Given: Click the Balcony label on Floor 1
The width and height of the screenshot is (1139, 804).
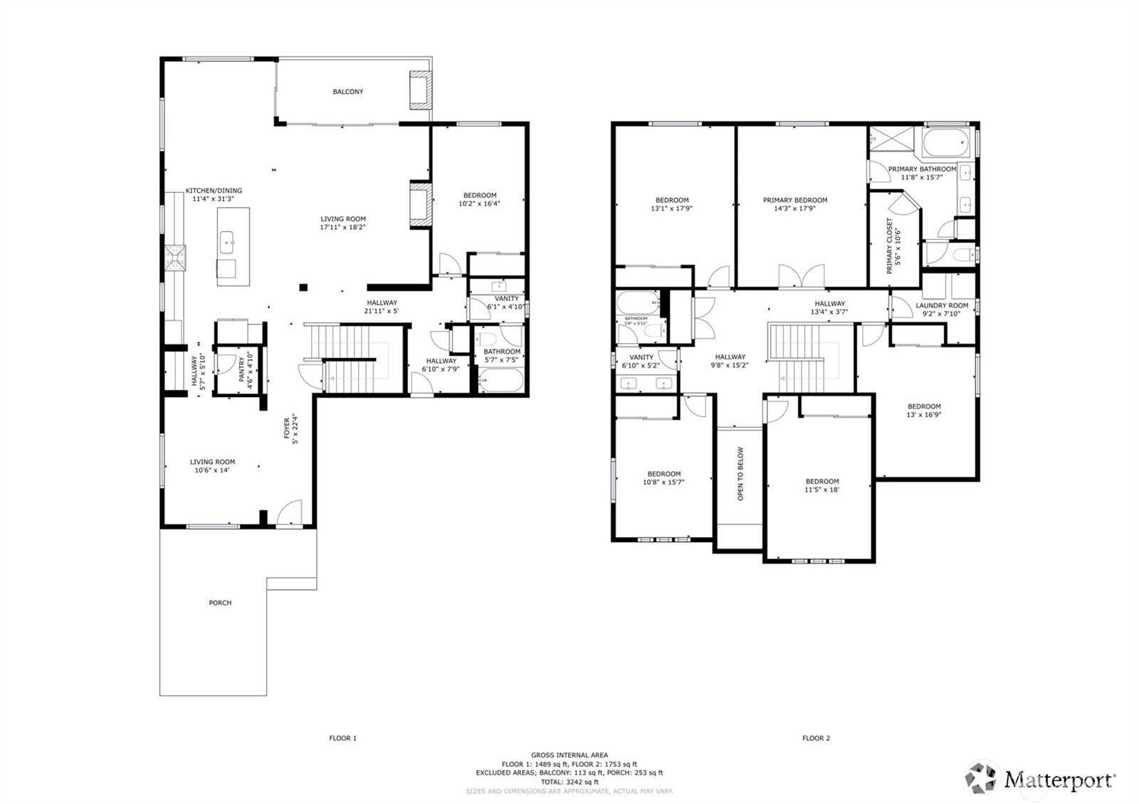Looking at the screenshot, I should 348,92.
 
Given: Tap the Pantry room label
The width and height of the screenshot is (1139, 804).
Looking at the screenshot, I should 241,369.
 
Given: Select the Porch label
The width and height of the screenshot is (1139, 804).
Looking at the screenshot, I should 220,603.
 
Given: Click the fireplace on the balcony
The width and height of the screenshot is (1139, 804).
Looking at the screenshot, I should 420,90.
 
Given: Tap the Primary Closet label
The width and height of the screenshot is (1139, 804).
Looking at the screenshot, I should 889,245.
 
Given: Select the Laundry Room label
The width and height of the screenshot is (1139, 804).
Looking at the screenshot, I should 941,305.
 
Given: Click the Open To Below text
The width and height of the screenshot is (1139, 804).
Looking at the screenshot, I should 740,473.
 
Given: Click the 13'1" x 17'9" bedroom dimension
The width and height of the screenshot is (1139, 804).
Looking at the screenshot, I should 671,209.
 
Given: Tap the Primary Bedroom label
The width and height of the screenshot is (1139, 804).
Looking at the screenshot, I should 795,201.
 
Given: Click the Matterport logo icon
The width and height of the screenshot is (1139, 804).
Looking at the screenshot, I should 982,778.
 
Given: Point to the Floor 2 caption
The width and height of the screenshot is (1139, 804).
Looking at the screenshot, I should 816,738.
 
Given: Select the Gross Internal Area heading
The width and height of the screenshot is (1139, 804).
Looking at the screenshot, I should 569,755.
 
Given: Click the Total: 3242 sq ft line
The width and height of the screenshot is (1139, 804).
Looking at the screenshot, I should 569,781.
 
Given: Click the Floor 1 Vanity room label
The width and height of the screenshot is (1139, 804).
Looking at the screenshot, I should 507,298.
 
